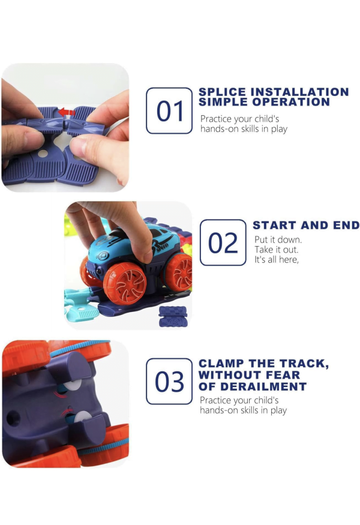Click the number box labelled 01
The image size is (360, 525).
(x=169, y=110)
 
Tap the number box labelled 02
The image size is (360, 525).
(x=223, y=242)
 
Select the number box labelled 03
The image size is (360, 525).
(x=169, y=382)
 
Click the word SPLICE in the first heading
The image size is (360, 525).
(x=223, y=92)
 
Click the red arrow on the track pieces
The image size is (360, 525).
(x=67, y=112)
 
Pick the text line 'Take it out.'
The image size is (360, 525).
(x=276, y=250)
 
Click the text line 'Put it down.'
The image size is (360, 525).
(x=278, y=239)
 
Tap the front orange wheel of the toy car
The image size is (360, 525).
(x=125, y=283)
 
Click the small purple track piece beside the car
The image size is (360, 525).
(x=173, y=316)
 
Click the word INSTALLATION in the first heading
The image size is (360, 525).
(x=300, y=92)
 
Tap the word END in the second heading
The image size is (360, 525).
(x=346, y=226)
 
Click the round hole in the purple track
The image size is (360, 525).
(x=43, y=154)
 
